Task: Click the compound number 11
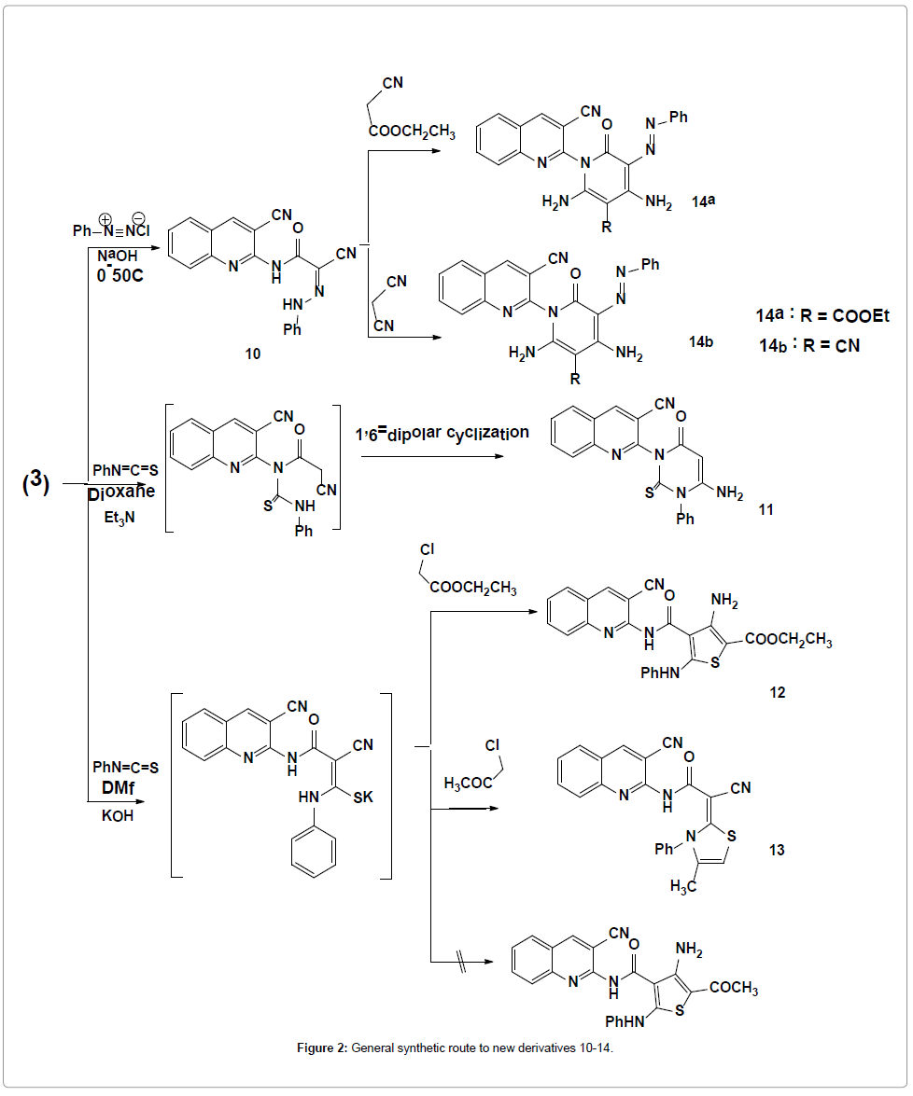pos(767,510)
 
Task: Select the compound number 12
pos(778,692)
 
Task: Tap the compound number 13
pos(778,850)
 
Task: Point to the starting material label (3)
pos(35,483)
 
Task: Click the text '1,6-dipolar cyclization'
pos(441,434)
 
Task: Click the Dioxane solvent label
pos(122,491)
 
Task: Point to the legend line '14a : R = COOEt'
pos(822,316)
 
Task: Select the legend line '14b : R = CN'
pos(808,345)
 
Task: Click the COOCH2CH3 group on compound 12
pos(788,641)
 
